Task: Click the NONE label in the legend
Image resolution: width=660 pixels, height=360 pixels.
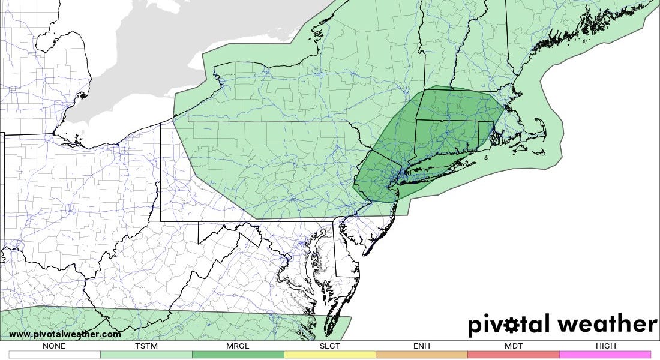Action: point(54,346)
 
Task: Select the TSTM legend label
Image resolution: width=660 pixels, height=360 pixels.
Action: point(146,346)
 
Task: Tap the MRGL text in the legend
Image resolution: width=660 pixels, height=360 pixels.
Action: point(238,346)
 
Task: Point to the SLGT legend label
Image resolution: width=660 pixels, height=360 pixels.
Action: point(329,346)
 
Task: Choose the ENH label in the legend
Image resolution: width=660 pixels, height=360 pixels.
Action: point(421,346)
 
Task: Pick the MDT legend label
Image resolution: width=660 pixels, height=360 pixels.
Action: point(513,346)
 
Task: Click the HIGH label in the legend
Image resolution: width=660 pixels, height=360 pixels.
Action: point(605,346)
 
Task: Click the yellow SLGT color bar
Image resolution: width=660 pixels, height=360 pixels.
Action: point(329,355)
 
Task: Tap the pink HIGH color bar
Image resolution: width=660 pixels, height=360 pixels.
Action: point(605,355)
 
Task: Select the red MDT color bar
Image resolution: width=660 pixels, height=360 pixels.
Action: point(513,355)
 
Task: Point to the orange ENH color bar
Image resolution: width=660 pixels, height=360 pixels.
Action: point(421,355)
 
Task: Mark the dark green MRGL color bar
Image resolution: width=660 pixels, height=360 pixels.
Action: point(238,355)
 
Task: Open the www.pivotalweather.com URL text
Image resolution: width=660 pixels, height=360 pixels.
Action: point(65,334)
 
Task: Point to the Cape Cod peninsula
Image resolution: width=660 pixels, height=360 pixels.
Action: point(537,129)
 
